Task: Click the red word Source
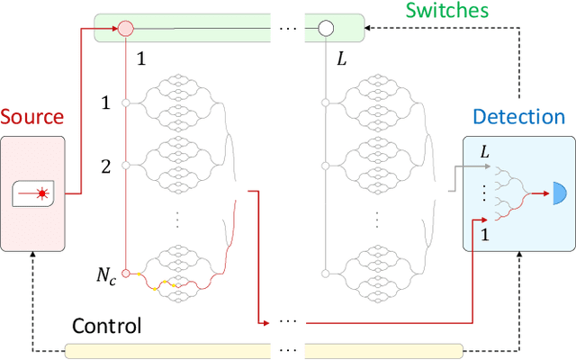pyautogui.click(x=31, y=117)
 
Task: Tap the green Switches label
pyautogui.click(x=446, y=11)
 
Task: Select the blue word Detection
pyautogui.click(x=518, y=117)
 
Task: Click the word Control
pyautogui.click(x=105, y=325)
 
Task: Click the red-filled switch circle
pyautogui.click(x=125, y=28)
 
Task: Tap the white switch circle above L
pyautogui.click(x=325, y=28)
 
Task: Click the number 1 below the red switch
pyautogui.click(x=139, y=58)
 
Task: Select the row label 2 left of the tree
pyautogui.click(x=105, y=165)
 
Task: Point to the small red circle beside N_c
pyautogui.click(x=126, y=272)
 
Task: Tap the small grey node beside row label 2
pyautogui.click(x=126, y=165)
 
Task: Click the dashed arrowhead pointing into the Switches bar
pyautogui.click(x=370, y=28)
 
